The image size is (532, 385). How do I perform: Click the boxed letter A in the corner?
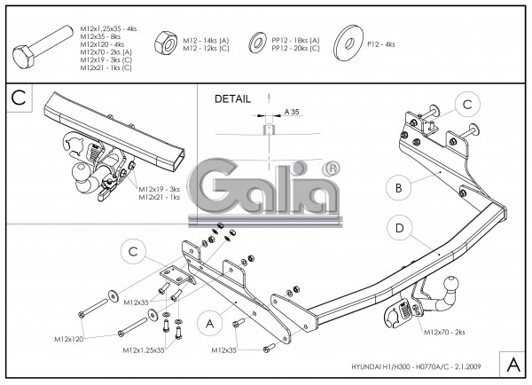(x=512, y=365)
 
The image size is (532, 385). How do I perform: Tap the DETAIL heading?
(x=232, y=99)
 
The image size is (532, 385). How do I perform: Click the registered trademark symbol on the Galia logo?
(x=331, y=167)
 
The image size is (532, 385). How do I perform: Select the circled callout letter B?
(x=400, y=187)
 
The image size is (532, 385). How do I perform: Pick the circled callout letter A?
(x=209, y=324)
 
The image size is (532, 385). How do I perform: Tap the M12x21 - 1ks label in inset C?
(x=160, y=197)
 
